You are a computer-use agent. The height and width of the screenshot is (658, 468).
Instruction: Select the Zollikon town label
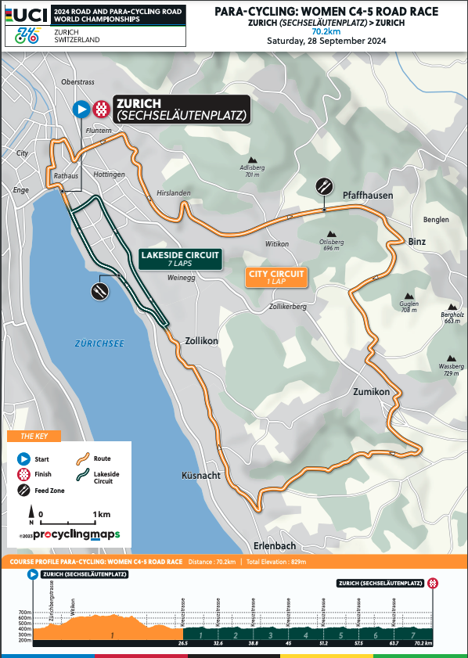coord(201,341)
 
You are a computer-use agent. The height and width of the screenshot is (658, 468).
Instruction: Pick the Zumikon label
coord(371,391)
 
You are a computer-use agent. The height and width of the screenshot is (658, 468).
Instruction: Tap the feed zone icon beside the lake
coord(99,291)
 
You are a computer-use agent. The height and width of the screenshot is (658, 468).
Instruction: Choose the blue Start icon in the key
coord(23,459)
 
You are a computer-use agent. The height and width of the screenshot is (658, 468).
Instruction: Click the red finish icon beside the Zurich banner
coord(102,110)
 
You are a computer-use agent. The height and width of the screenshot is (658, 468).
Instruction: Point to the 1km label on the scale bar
coord(100,515)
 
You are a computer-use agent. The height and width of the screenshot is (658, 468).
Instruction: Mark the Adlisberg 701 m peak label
coord(250,171)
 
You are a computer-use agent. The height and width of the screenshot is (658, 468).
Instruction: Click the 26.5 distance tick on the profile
coord(183,643)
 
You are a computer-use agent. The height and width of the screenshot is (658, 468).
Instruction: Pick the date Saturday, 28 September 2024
coord(326,41)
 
